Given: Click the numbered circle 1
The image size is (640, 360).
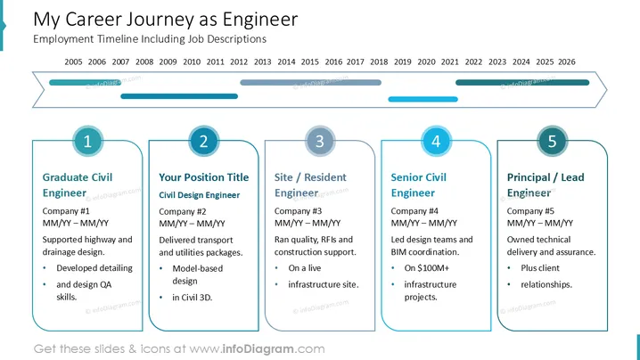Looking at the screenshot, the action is pyautogui.click(x=87, y=141).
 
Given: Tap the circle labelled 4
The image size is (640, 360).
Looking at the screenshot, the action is pyautogui.click(x=436, y=141).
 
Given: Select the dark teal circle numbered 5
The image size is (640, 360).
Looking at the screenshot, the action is pyautogui.click(x=552, y=141).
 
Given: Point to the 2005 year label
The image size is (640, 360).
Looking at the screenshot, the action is pyautogui.click(x=73, y=62).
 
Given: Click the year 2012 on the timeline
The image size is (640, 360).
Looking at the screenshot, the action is pyautogui.click(x=239, y=62).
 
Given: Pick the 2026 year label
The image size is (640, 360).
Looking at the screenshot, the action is pyautogui.click(x=567, y=62).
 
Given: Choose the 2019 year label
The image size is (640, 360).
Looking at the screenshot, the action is pyautogui.click(x=402, y=62).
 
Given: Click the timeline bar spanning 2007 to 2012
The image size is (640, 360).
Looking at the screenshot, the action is pyautogui.click(x=179, y=96).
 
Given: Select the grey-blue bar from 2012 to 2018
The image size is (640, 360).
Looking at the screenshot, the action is pyautogui.click(x=310, y=83).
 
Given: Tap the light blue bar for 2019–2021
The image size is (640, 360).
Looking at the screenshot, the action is pyautogui.click(x=423, y=99).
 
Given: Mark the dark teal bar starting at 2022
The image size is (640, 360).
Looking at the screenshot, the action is pyautogui.click(x=522, y=83).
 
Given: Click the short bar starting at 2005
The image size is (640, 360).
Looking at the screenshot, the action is pyautogui.click(x=85, y=83).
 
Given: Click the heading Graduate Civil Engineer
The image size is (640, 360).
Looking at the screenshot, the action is pyautogui.click(x=78, y=184).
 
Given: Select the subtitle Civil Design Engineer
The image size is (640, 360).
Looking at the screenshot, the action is pyautogui.click(x=199, y=195).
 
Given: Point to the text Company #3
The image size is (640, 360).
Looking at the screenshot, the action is pyautogui.click(x=298, y=211).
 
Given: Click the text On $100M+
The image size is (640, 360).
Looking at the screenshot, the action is pyautogui.click(x=427, y=268).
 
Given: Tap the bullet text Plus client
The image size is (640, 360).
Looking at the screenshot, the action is pyautogui.click(x=540, y=268).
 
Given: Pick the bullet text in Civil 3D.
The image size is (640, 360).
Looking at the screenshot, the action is pyautogui.click(x=193, y=298).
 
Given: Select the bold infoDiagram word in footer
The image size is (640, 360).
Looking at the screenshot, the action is pyautogui.click(x=258, y=349).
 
